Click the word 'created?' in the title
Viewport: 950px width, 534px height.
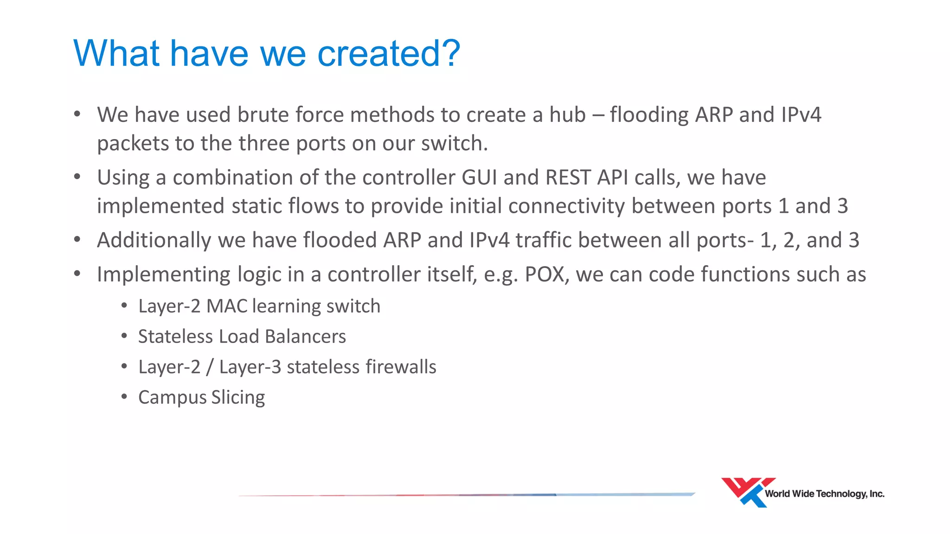point(389,53)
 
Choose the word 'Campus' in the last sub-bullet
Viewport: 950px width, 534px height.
point(172,398)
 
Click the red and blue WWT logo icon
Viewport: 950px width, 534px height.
point(745,491)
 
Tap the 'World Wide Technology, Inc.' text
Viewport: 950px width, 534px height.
point(824,494)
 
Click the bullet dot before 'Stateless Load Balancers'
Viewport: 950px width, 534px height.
point(124,336)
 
